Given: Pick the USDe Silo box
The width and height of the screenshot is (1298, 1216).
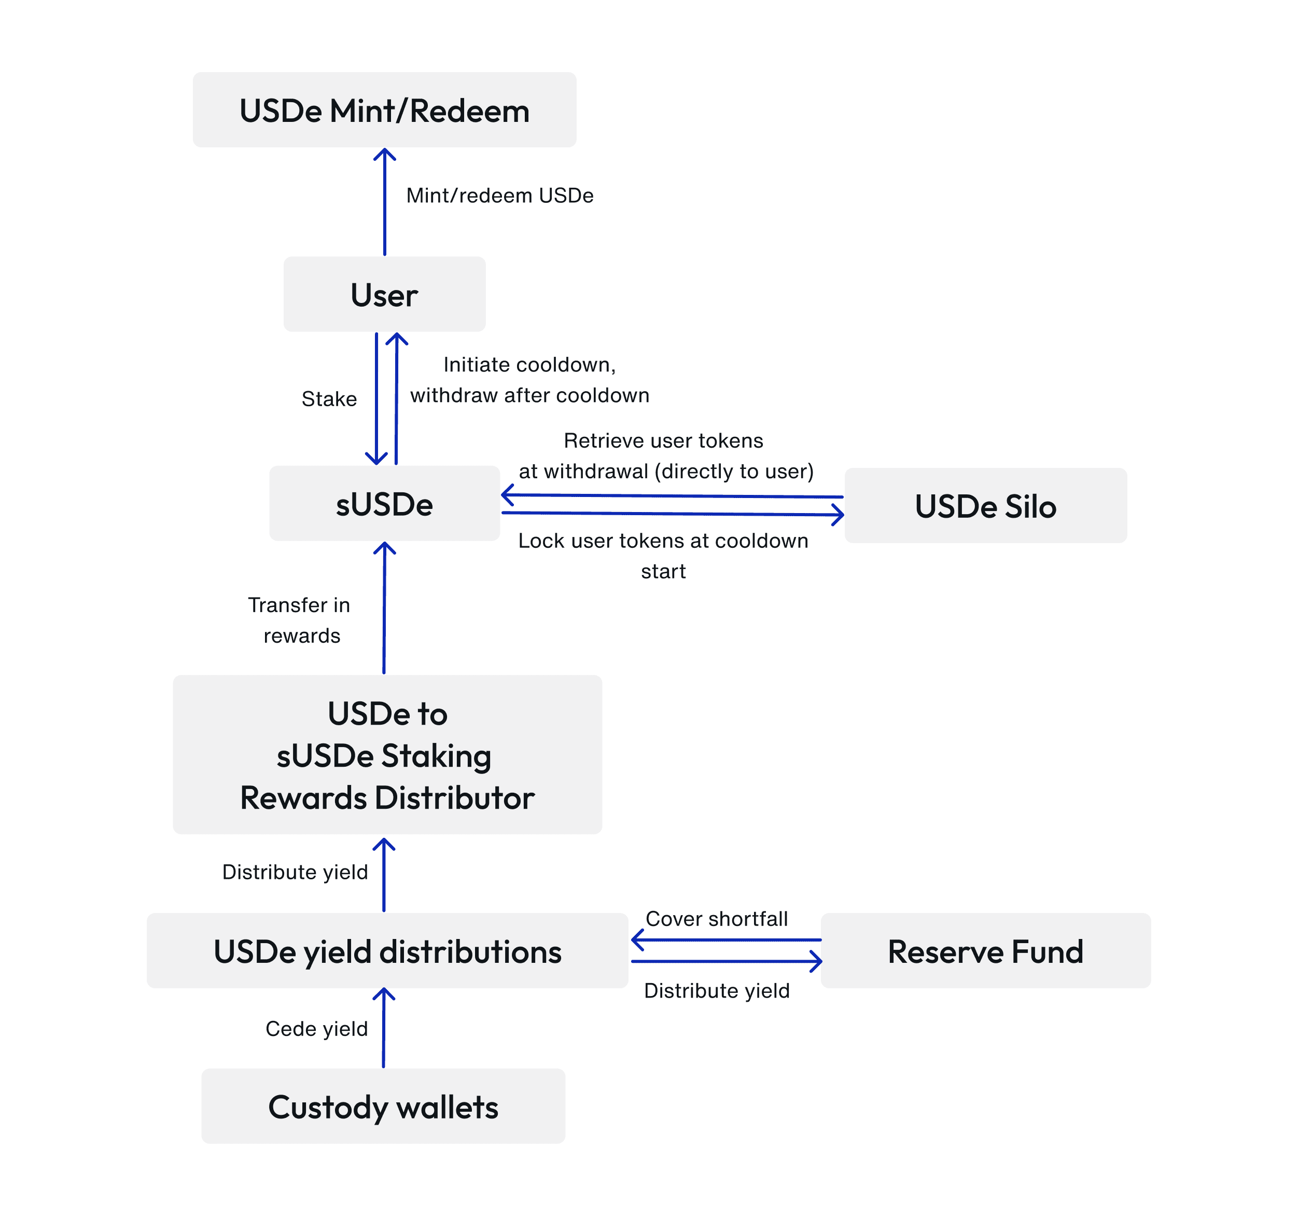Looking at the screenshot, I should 985,506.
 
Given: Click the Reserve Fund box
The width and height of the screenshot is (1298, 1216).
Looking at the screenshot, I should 985,951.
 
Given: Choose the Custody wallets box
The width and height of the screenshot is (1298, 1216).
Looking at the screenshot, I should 383,1107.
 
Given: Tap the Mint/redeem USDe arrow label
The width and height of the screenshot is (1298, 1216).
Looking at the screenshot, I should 499,195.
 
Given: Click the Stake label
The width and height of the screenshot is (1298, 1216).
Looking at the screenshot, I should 329,399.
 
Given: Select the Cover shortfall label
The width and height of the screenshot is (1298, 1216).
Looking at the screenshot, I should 716,919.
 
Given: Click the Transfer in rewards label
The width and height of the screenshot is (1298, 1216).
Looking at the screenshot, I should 300,620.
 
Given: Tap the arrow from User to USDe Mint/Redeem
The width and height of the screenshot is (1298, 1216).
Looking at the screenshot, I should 385,202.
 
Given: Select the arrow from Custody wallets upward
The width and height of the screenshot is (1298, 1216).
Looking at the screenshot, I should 383,1029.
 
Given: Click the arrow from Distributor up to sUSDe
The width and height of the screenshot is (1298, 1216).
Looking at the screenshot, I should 384,607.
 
